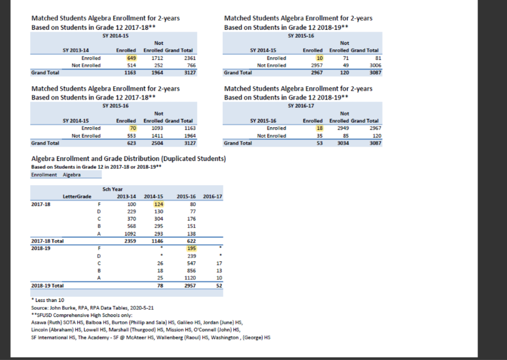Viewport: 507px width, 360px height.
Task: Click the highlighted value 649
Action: click(132, 58)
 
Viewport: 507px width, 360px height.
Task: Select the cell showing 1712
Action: click(158, 58)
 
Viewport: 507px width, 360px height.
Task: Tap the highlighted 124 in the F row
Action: click(159, 205)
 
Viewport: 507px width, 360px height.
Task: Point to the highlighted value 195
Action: click(191, 248)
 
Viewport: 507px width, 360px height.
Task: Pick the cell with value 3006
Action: click(375, 65)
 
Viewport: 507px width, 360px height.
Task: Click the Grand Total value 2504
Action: click(158, 143)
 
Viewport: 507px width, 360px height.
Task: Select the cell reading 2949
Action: click(343, 128)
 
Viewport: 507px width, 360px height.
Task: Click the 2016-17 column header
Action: click(212, 197)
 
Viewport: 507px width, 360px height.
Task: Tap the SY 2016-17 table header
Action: click(301, 106)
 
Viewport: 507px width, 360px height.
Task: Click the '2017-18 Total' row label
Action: click(47, 241)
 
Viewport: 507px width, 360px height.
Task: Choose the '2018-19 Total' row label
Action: click(47, 285)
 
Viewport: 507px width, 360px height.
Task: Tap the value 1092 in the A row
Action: click(130, 234)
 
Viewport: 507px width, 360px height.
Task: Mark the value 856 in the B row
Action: click(191, 271)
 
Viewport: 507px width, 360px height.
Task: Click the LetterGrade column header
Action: click(77, 197)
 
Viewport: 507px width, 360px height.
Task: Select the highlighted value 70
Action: click(133, 128)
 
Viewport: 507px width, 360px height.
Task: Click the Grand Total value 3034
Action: click(343, 143)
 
